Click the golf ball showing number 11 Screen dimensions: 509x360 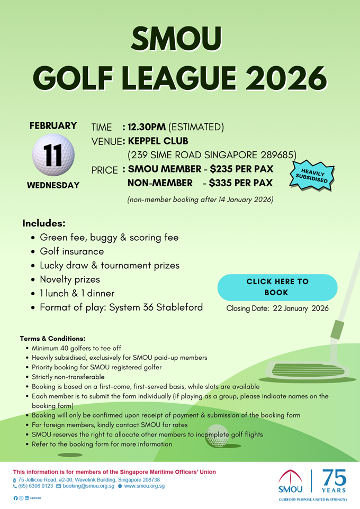53,155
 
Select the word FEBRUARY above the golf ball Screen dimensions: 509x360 53,126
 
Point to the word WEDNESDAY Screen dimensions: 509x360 53,185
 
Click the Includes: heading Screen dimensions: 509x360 44,224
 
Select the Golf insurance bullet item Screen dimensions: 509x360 72,251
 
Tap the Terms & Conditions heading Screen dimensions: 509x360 52,338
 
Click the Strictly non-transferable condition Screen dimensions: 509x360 68,377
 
